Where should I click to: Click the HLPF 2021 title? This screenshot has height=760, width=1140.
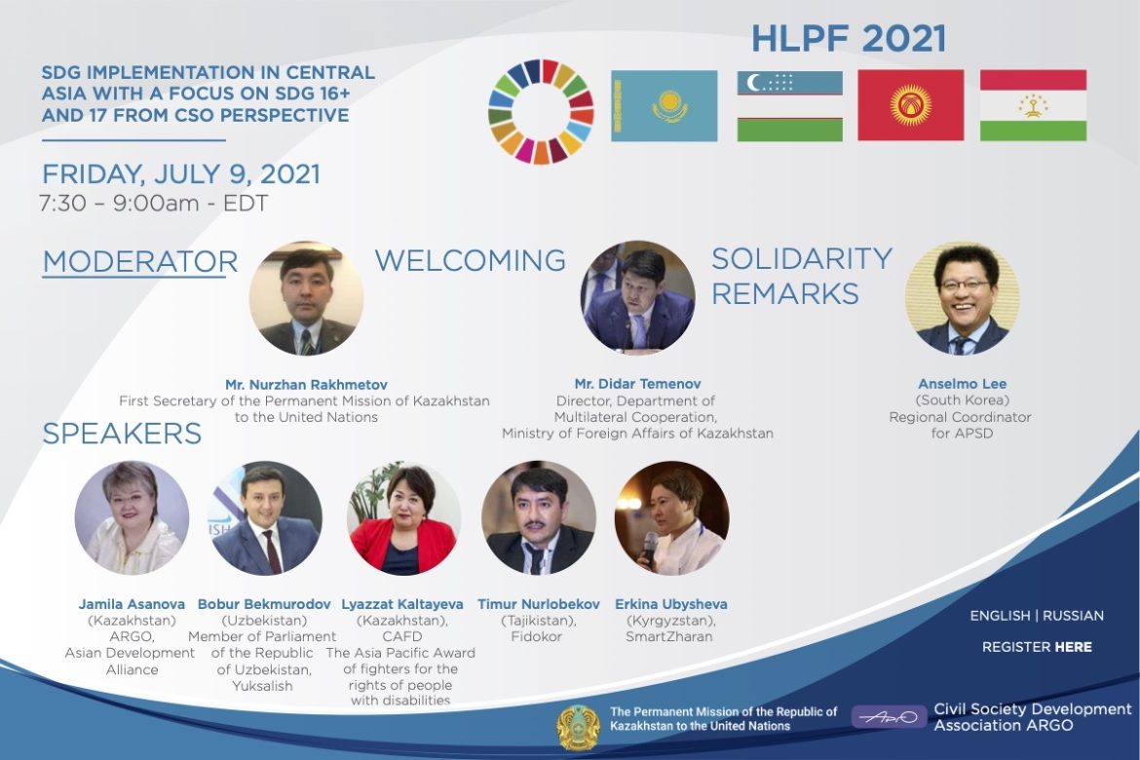coord(849,39)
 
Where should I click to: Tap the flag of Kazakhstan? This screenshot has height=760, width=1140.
coord(664,105)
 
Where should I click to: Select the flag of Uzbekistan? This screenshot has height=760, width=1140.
coord(789,105)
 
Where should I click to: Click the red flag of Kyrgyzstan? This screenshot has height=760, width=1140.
coord(911,105)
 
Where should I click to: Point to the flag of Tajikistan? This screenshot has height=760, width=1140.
coord(1033,105)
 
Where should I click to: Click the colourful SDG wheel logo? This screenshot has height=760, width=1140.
coord(541,111)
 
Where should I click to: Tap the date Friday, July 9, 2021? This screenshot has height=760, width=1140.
coord(181,174)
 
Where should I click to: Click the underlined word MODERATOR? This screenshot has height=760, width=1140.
coord(140,262)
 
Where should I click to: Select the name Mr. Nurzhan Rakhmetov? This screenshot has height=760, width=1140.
coord(306,385)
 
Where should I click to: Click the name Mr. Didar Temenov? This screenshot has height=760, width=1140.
coord(637,383)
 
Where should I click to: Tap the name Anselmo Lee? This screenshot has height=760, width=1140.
coord(962,383)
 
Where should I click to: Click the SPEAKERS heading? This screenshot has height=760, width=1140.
coord(122,434)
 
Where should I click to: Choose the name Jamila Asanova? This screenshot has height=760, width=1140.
coord(132,604)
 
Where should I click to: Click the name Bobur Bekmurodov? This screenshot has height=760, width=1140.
coord(264,604)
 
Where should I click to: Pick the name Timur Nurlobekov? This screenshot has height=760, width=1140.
coord(539,604)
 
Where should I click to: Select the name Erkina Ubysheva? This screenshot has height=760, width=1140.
coord(671,604)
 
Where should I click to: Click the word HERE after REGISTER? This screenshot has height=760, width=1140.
coord(1074,647)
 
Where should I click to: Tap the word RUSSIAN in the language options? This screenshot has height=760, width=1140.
coord(1073,615)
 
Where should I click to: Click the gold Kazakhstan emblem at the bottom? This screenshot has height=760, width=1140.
coord(579,727)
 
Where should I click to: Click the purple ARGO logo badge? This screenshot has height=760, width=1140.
coord(889,717)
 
